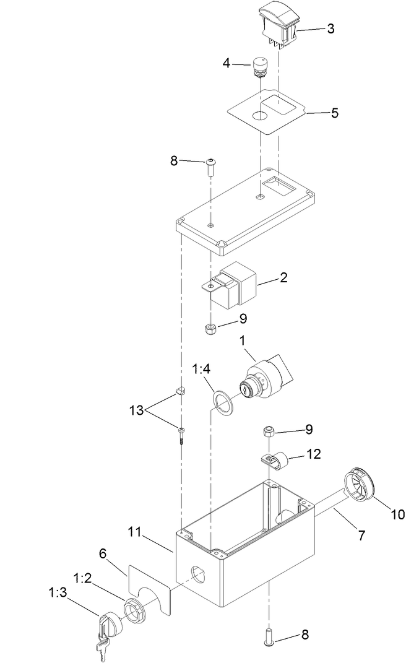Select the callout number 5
[x=335, y=113]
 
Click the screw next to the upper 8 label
[x=211, y=166]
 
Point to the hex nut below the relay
[x=210, y=327]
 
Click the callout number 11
[x=136, y=532]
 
